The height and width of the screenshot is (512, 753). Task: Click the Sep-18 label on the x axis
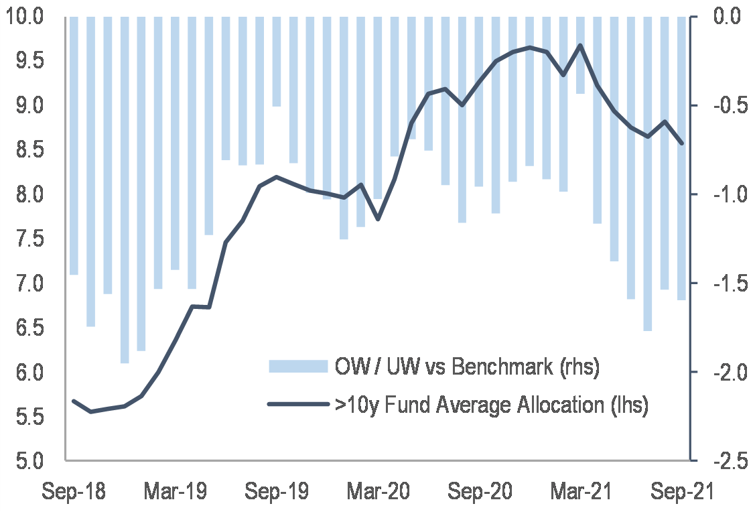coord(74,493)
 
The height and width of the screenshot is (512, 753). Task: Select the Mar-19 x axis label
coord(176,493)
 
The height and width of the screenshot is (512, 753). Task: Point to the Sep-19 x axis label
coord(277,493)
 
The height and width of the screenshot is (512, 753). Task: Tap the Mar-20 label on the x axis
coord(379,493)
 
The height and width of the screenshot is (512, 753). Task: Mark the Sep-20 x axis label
coord(480,493)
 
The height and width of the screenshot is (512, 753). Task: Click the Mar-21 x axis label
coord(581,493)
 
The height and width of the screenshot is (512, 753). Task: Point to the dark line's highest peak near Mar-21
coord(580,46)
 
